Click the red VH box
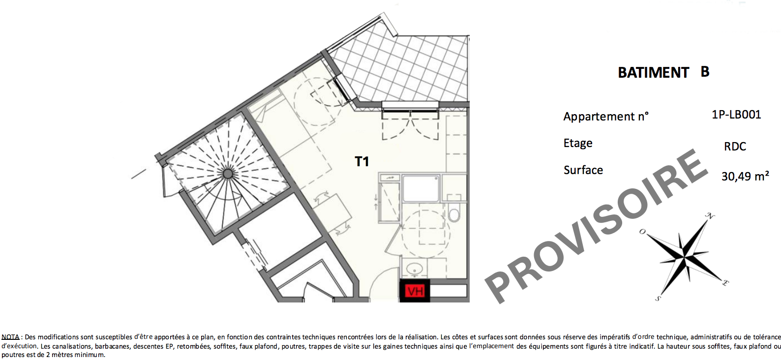tap(415, 291)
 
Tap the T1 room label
tap(361, 161)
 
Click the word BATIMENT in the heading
tap(653, 73)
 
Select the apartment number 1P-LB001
tap(736, 114)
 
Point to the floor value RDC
tap(735, 147)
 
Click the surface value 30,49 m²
tap(745, 176)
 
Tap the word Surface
tap(583, 170)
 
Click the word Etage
tap(578, 143)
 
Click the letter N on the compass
tap(710, 216)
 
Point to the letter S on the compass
tap(658, 299)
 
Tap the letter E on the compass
tap(725, 283)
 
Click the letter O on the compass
tap(642, 232)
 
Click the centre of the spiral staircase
tap(228, 173)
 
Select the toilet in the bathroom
tap(453, 211)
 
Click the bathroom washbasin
tap(415, 269)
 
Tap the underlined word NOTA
tap(10, 337)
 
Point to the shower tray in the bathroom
tap(421, 188)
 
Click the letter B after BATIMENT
tap(705, 72)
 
